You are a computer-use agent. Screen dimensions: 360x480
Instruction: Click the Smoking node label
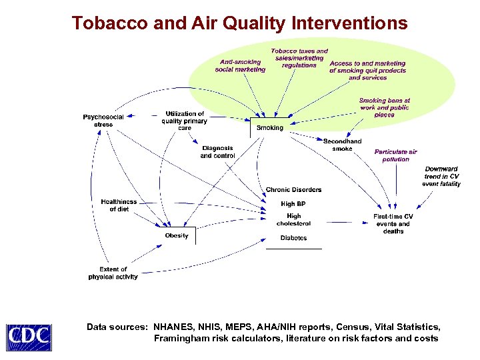[x=270, y=127]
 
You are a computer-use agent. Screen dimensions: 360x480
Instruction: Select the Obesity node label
[x=177, y=235]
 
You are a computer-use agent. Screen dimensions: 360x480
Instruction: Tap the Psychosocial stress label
[x=103, y=121]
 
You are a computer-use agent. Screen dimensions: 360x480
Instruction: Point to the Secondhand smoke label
[x=342, y=145]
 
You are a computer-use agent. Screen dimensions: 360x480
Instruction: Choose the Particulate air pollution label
[x=395, y=155]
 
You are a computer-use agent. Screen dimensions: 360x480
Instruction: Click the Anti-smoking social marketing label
[x=240, y=65]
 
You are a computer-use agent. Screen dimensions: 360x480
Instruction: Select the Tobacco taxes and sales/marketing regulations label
[x=299, y=58]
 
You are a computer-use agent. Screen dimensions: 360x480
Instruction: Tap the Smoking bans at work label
[x=384, y=107]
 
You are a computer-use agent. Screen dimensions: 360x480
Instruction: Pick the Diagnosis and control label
[x=217, y=152]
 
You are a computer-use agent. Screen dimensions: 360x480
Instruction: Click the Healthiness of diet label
[x=119, y=205]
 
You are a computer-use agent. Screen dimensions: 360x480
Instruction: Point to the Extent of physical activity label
[x=113, y=273]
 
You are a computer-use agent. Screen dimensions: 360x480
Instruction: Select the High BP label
[x=293, y=204]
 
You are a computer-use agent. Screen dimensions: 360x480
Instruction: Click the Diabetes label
[x=293, y=238]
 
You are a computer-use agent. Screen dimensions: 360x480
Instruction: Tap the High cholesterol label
[x=293, y=219]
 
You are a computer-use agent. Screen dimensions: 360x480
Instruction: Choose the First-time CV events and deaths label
[x=393, y=223]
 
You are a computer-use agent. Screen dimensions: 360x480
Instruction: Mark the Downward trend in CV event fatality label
[x=441, y=176]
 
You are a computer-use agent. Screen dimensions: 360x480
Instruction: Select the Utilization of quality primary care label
[x=184, y=121]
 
